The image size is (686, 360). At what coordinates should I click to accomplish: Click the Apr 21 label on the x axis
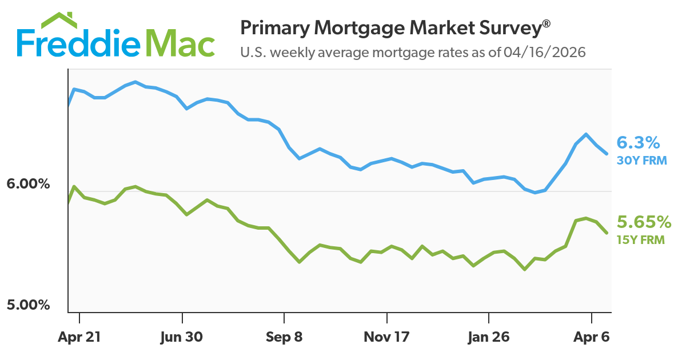click(79, 337)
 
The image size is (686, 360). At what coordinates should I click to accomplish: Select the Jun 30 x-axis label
click(182, 337)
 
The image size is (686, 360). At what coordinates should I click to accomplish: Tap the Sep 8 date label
click(284, 337)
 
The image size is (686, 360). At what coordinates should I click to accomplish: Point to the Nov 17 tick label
click(387, 337)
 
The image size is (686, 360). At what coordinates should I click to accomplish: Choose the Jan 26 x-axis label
click(489, 337)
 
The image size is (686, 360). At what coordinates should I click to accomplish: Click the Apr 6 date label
click(591, 337)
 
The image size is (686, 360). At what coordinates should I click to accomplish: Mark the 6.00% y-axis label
click(29, 185)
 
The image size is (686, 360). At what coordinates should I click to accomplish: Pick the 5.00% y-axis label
click(29, 305)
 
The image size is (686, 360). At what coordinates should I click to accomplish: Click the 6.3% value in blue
click(638, 142)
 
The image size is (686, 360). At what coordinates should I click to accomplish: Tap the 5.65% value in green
click(643, 222)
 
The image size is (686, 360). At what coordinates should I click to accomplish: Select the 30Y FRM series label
click(641, 161)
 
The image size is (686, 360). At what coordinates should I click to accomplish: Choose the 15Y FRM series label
click(640, 240)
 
